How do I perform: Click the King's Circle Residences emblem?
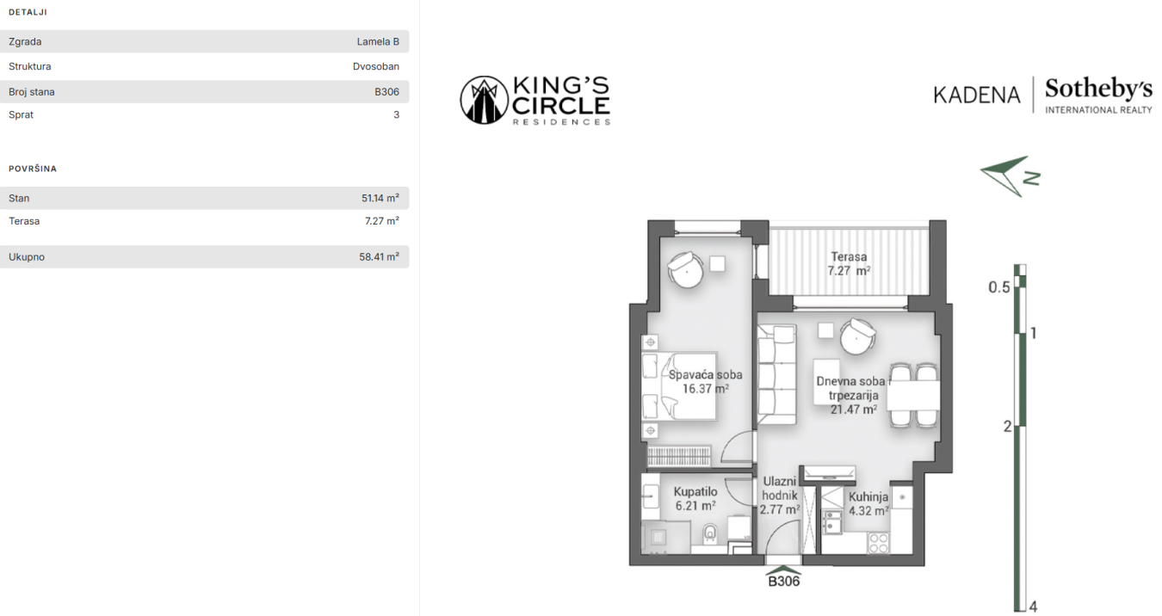pos(484,100)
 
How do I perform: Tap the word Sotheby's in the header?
pos(1098,89)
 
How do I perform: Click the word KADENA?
pos(977,95)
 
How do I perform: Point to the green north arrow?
pos(1010,176)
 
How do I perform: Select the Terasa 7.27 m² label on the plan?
pos(849,264)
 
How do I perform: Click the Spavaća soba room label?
pos(705,382)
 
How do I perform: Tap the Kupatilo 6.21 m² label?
pos(695,498)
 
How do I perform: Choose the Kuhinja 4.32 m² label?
pos(868,504)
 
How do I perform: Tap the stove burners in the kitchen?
pos(878,544)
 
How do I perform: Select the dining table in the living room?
pos(913,396)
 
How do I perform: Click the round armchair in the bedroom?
pos(686,269)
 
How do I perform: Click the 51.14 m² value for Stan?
pos(380,198)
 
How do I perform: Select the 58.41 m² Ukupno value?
pos(380,256)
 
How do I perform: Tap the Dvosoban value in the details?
pos(376,66)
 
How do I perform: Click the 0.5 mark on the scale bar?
pos(998,287)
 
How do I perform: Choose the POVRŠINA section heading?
pos(33,169)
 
